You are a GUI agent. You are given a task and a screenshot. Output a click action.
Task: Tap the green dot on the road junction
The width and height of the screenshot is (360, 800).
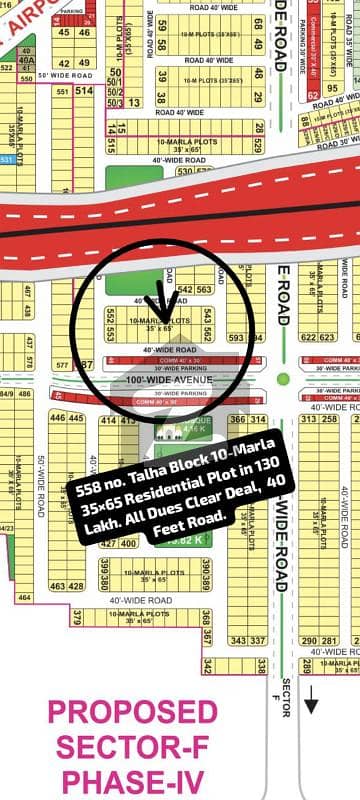click(283, 379)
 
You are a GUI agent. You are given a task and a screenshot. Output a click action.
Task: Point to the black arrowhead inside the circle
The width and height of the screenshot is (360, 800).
click(156, 301)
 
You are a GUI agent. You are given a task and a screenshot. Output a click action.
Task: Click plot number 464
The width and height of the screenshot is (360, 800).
click(24, 597)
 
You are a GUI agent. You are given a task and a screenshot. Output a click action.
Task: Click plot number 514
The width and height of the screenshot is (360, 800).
click(83, 90)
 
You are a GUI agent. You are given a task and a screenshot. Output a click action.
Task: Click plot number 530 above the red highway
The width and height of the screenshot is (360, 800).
click(184, 171)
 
